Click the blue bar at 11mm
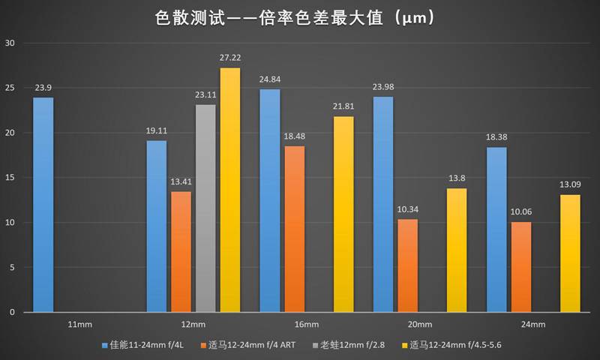pos(43,205)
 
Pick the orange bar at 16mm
pos(295,229)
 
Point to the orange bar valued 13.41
pos(181,251)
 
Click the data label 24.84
pos(270,80)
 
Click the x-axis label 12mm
pos(193,324)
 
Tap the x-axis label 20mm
pos(420,324)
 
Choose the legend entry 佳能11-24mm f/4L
pos(147,345)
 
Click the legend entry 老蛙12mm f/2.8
pos(358,345)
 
